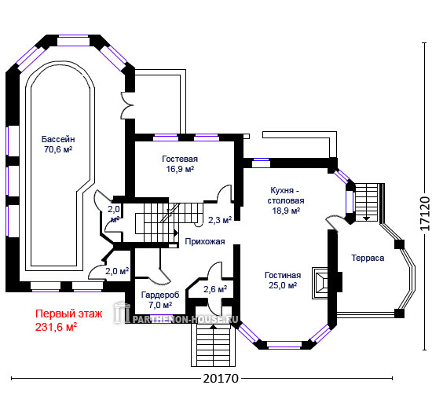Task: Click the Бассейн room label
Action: point(58,139)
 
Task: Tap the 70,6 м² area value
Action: point(58,149)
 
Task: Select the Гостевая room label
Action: point(180,159)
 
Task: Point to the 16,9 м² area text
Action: point(180,169)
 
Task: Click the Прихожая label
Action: point(205,241)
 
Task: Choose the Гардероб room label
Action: point(160,295)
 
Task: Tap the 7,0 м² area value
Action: point(160,305)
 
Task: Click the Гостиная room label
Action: point(283,275)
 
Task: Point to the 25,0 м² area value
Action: point(283,285)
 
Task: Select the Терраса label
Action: point(368,258)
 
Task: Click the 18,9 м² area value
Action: point(286,211)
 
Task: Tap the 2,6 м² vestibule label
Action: point(215,289)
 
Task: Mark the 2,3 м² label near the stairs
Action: point(220,220)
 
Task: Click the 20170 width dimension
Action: point(221,379)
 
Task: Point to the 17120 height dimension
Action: point(425,213)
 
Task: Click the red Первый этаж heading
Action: point(69,313)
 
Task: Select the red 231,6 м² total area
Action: point(56,327)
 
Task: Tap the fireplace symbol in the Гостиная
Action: point(320,283)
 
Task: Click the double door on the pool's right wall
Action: point(127,105)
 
